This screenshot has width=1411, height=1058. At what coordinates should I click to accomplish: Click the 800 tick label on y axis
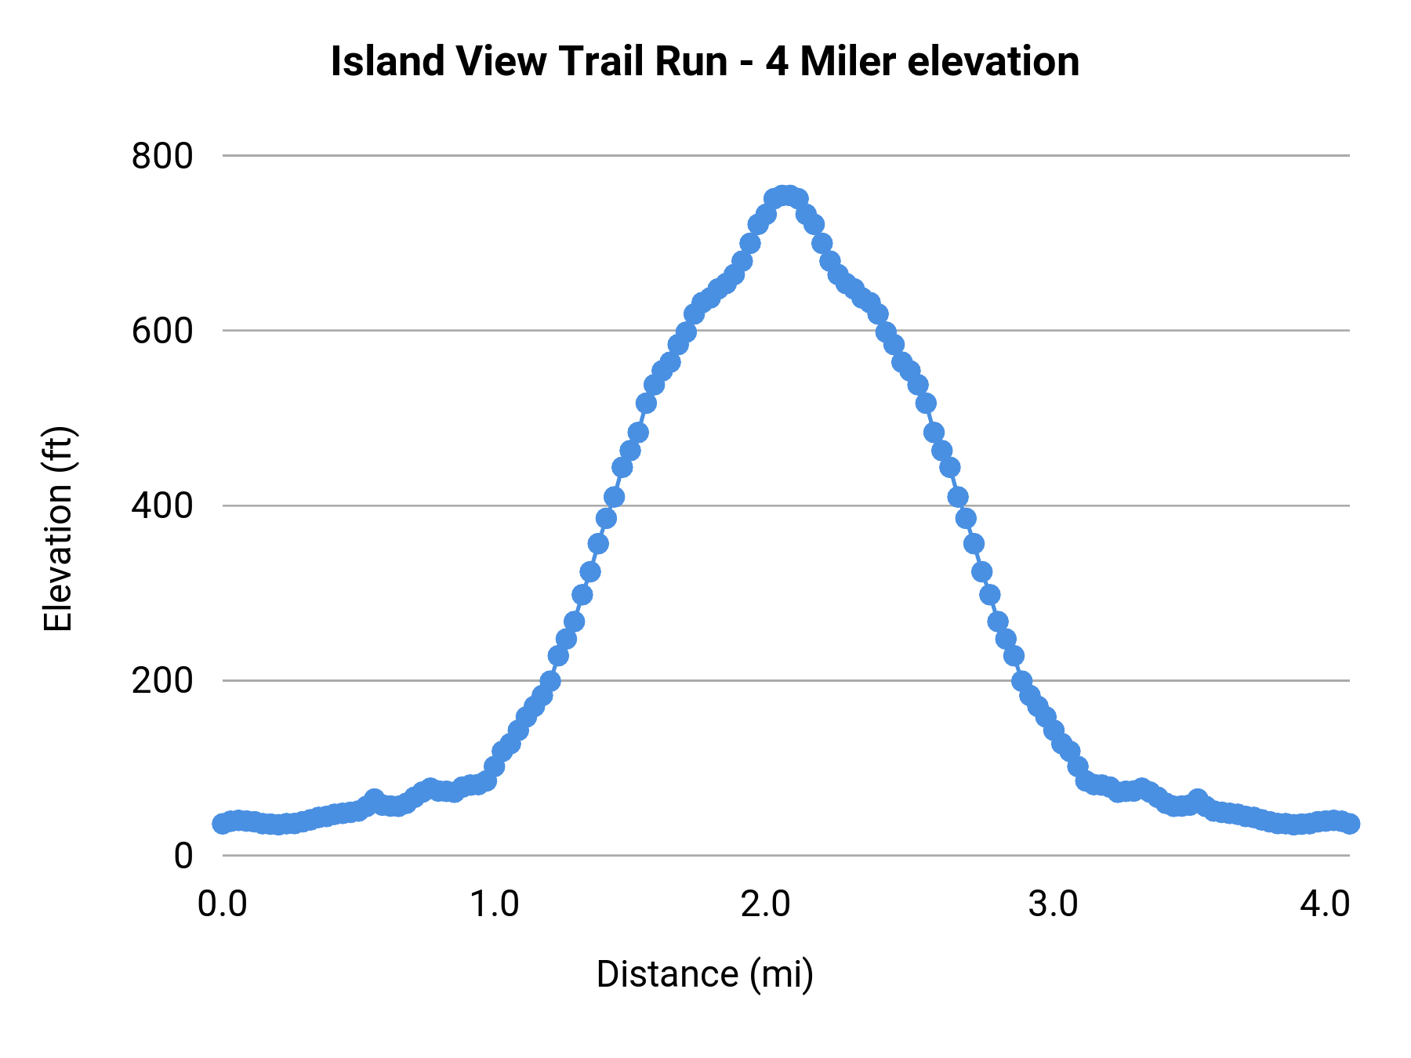161,156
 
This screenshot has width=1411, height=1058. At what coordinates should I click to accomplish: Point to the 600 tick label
161,331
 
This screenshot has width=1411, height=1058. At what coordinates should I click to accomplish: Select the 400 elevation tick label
161,505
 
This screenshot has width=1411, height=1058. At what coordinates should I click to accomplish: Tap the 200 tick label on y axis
161,680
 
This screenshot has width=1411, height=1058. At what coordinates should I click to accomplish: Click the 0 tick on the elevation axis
183,855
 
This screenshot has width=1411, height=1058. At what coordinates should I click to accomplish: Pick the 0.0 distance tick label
223,904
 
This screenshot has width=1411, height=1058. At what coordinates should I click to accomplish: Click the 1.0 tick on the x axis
495,904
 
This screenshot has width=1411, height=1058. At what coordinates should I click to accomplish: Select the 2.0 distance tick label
766,904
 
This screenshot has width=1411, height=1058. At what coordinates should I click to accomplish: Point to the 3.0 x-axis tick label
1053,904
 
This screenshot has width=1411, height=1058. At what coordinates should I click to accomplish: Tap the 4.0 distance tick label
1324,904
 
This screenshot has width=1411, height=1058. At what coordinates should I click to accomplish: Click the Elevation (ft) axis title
58,529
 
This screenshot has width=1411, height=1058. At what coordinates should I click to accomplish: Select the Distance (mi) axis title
705,974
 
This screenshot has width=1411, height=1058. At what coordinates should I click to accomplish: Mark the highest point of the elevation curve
785,195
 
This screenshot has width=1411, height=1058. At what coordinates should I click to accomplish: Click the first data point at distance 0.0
223,824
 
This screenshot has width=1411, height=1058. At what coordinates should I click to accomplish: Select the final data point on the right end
1349,824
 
